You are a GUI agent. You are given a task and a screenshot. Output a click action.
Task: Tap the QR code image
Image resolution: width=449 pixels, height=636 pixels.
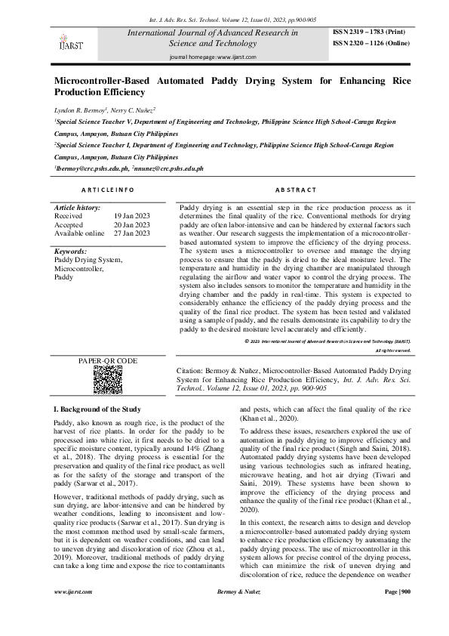point(108,380)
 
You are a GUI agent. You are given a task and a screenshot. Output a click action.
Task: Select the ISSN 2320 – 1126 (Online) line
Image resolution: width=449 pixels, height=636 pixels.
point(377,44)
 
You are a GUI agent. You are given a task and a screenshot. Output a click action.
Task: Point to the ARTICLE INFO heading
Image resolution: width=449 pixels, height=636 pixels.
point(108,190)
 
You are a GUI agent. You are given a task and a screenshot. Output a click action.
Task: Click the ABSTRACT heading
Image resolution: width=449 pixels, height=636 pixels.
point(296,190)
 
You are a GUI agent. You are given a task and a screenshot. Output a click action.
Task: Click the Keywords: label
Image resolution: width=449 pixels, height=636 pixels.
point(72,251)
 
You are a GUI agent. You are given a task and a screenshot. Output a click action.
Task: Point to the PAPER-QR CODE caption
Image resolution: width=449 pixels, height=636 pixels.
point(108,361)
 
